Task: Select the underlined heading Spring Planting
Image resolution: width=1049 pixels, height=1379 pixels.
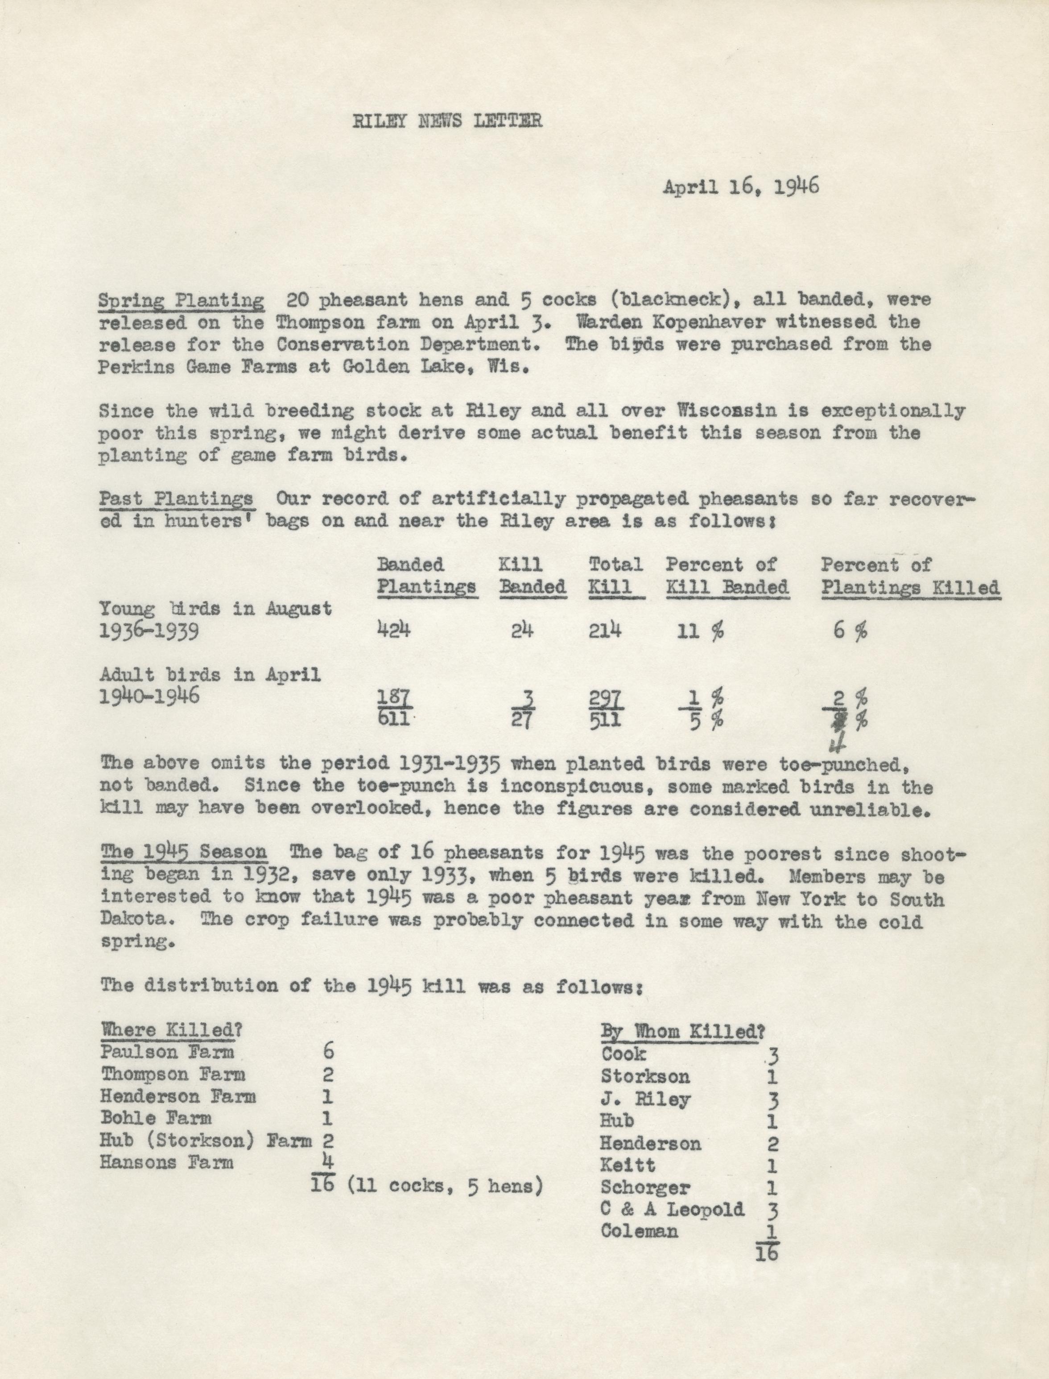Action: [x=181, y=300]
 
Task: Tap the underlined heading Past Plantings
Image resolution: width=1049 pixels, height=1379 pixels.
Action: [x=176, y=499]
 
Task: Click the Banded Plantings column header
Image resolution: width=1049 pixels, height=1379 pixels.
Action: [x=427, y=576]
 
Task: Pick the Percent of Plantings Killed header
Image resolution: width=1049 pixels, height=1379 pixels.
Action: [x=910, y=576]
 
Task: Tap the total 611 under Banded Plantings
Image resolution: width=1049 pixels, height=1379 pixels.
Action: [x=393, y=719]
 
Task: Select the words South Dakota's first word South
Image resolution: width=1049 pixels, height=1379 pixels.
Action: [x=915, y=900]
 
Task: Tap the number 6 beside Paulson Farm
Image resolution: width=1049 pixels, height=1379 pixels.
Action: [x=328, y=1051]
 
